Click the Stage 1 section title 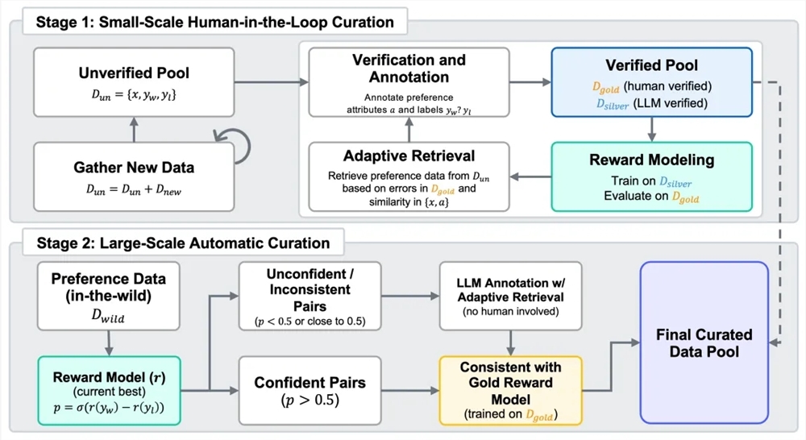tap(215, 22)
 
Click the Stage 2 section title tap(183, 243)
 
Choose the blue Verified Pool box tap(651, 82)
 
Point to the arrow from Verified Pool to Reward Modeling tap(651, 128)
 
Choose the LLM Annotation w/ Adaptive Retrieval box tap(510, 295)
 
